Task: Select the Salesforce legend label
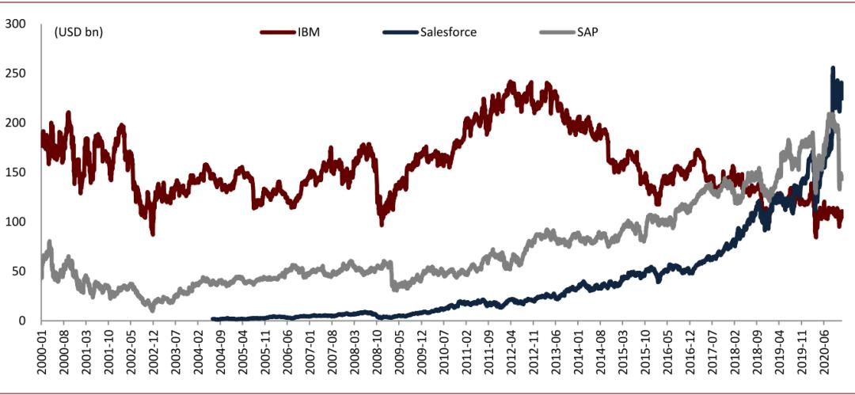coord(449,32)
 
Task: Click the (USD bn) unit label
coord(78,32)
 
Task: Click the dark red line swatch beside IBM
coord(276,32)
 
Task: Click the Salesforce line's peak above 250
coord(832,70)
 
